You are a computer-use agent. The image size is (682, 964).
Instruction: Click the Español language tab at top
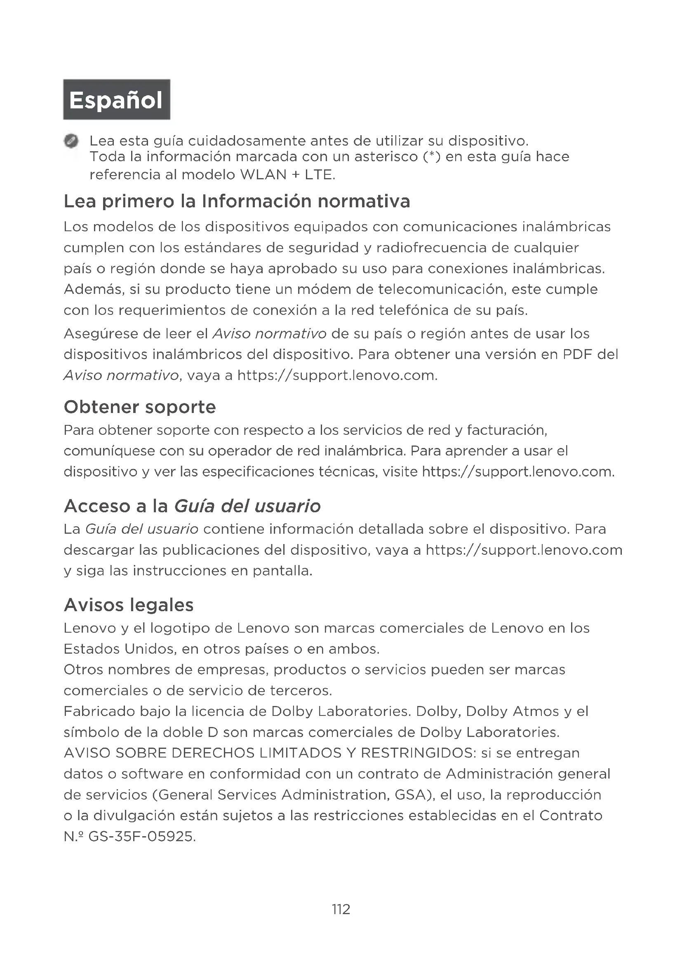(x=116, y=100)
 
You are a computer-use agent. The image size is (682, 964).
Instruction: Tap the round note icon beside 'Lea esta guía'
(x=71, y=141)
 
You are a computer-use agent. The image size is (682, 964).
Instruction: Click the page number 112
(x=341, y=909)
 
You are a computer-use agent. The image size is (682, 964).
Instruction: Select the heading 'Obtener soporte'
(x=140, y=407)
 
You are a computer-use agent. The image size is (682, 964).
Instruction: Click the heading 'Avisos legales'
(x=129, y=605)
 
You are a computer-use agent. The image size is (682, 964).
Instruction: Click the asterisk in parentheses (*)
(x=429, y=157)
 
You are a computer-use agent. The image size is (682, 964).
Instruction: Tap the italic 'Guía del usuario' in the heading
(x=247, y=506)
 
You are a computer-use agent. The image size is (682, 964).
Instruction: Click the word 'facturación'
(x=507, y=430)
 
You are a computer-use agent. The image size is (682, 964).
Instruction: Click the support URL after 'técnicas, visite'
(x=517, y=472)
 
